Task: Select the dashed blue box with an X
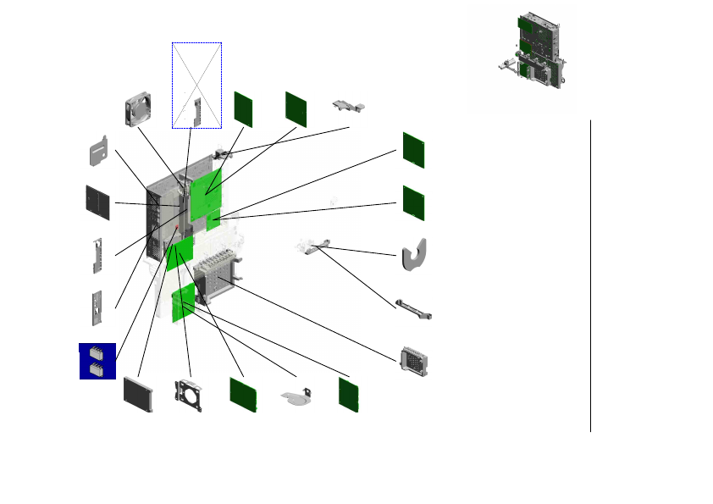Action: tap(196, 85)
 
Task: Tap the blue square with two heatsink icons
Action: tap(97, 361)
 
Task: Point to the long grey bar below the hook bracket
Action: tap(414, 309)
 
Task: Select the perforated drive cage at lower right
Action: tap(414, 361)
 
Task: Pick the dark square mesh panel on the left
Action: tap(98, 202)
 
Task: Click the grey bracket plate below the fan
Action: tap(99, 151)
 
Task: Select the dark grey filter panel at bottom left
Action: tap(137, 394)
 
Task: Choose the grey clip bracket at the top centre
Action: tap(349, 104)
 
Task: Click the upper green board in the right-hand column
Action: tap(413, 150)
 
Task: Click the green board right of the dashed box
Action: tap(244, 108)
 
